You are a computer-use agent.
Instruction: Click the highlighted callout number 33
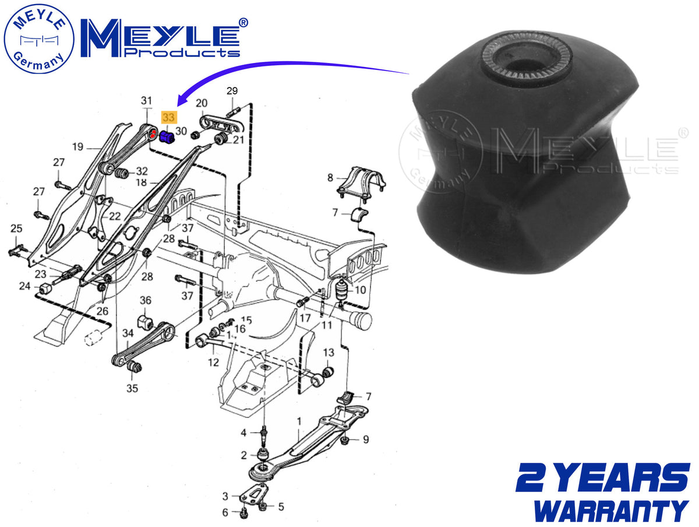[169, 117]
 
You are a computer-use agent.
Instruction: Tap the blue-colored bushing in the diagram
[166, 137]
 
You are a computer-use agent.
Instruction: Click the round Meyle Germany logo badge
[39, 39]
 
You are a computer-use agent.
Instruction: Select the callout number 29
[232, 91]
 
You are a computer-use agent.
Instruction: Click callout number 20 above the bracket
[202, 103]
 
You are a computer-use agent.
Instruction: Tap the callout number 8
[330, 177]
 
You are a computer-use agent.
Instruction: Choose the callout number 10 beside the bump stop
[360, 290]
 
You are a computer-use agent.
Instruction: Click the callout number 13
[329, 352]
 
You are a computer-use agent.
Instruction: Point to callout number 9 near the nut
[366, 440]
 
